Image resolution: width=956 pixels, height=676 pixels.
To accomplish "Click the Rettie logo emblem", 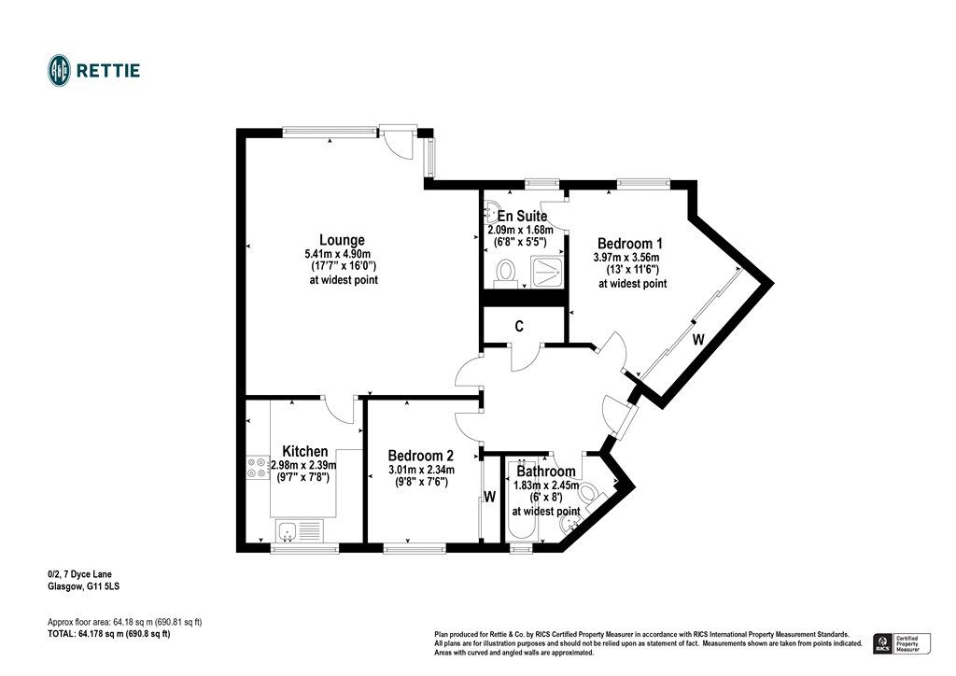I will (59, 70).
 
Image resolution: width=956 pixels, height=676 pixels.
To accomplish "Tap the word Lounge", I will (342, 240).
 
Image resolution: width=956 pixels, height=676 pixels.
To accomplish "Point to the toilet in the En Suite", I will (507, 272).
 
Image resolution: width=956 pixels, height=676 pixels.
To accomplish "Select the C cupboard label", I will (519, 327).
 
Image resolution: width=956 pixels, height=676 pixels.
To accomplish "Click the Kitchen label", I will (305, 451).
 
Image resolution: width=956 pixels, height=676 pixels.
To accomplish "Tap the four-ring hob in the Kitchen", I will (257, 468).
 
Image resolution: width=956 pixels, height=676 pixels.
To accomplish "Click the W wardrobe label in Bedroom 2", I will (488, 497).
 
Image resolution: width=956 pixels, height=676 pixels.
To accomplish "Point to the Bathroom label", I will (546, 472).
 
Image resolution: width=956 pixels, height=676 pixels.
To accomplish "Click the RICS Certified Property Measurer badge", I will (901, 642).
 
